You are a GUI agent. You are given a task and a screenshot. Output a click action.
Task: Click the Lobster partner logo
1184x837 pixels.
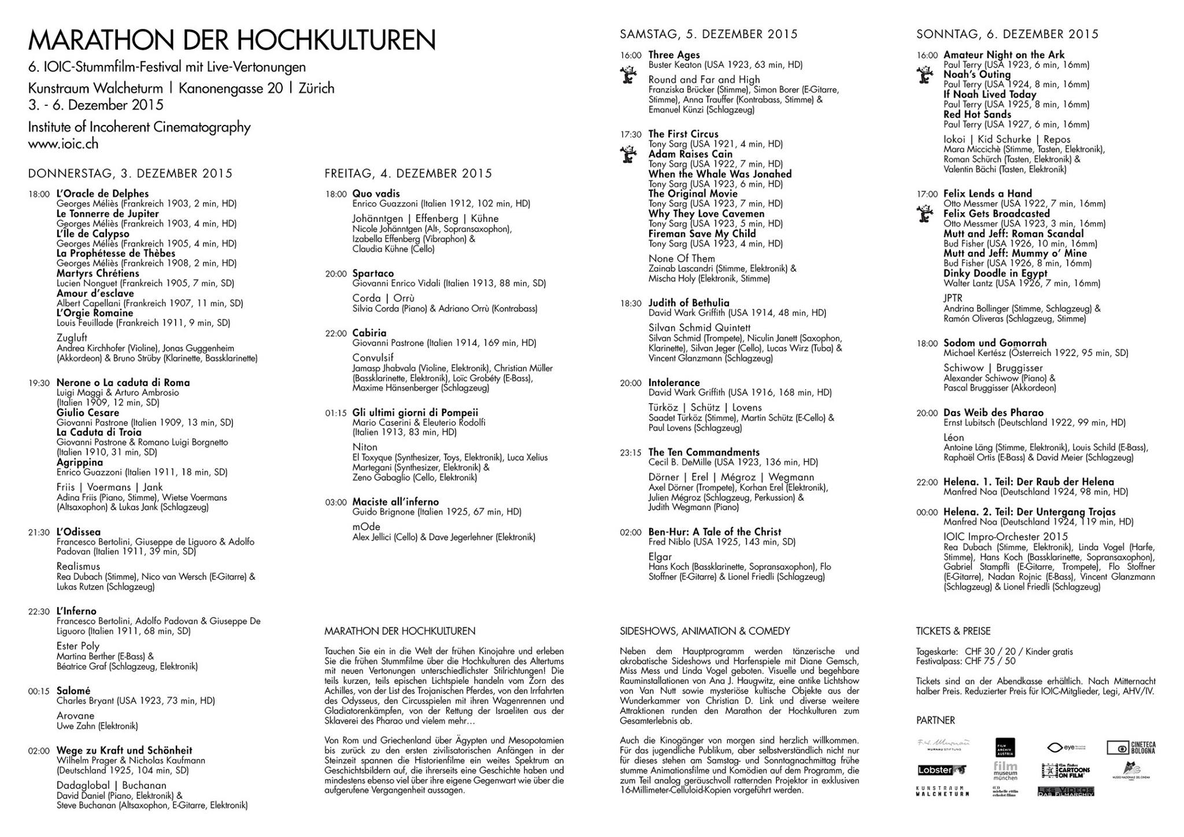[941, 770]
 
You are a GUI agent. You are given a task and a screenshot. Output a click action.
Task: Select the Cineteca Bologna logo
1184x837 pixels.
[1131, 747]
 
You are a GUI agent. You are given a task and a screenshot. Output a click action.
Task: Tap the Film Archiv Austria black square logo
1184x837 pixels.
[1004, 747]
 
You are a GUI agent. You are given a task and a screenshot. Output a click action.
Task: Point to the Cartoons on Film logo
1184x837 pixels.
[1067, 771]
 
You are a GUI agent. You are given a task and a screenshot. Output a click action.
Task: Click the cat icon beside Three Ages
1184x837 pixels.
[628, 75]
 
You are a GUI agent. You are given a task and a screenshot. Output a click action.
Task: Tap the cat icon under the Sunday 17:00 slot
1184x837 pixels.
[925, 214]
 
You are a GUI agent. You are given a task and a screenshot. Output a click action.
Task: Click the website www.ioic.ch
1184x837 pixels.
[63, 144]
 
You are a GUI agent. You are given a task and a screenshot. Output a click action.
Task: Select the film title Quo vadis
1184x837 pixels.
[376, 194]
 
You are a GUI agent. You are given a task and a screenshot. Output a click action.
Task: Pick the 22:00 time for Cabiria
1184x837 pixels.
[335, 334]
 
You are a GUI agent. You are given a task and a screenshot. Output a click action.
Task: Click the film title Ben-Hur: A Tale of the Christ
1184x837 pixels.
[715, 532]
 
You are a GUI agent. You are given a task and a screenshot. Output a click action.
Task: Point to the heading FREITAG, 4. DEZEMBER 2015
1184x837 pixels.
[408, 173]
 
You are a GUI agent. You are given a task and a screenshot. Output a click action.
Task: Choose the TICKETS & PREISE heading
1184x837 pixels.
[953, 631]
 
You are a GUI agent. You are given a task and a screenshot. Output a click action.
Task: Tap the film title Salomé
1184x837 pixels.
[73, 691]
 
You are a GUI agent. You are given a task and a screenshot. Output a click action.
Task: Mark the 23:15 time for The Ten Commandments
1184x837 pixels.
[631, 453]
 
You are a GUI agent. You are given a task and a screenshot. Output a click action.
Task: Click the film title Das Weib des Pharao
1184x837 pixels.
[993, 413]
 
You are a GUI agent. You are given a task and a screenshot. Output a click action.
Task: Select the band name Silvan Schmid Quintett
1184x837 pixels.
[700, 328]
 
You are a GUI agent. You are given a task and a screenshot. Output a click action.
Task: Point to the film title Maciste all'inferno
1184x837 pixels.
[395, 502]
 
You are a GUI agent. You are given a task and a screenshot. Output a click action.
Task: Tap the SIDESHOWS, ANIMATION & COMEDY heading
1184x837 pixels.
[705, 631]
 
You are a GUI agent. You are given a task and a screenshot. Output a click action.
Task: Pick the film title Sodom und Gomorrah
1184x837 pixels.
[995, 343]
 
